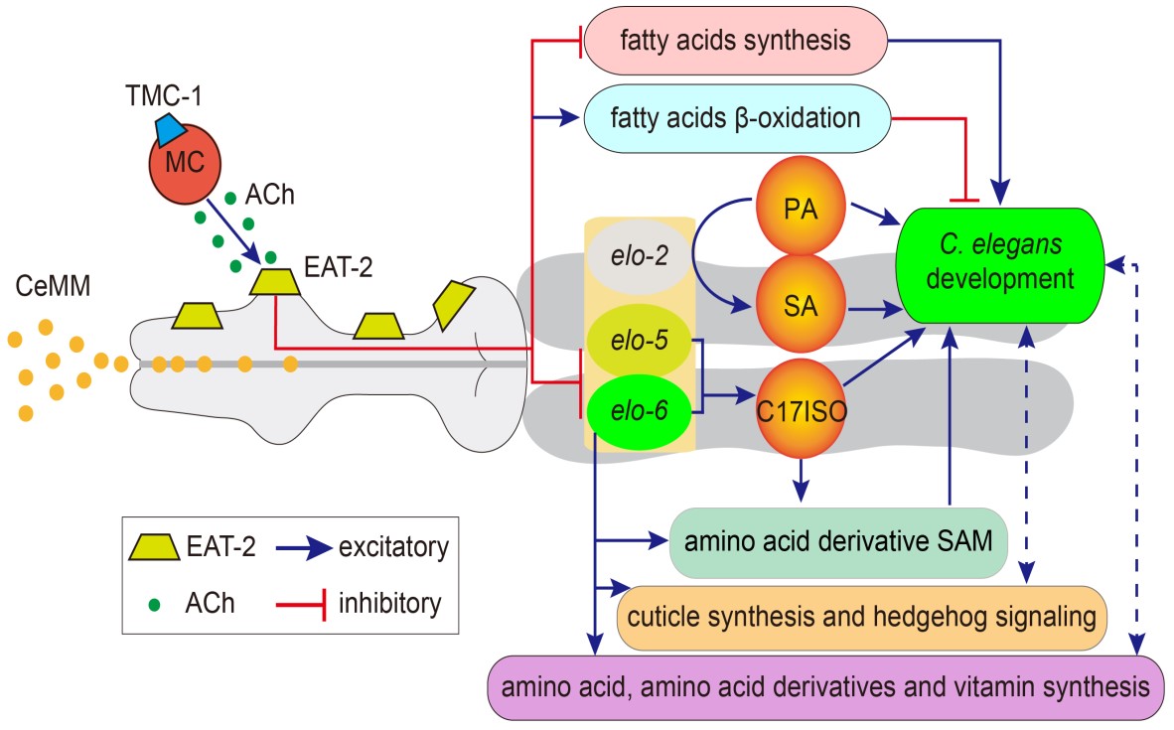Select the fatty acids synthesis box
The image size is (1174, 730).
point(734,42)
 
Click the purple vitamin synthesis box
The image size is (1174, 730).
point(828,687)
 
